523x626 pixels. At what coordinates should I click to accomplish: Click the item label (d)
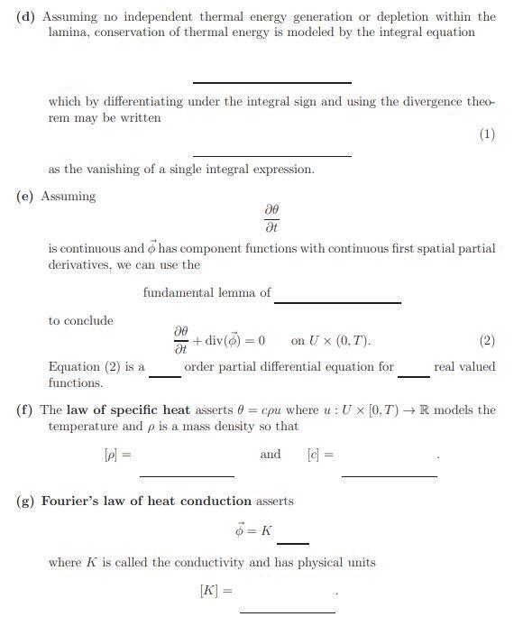(x=26, y=17)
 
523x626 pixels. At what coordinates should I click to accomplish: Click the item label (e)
(x=26, y=196)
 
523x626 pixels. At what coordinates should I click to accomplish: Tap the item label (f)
(x=25, y=410)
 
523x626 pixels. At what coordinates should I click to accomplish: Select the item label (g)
(x=26, y=501)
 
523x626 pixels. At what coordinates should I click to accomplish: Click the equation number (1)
(x=487, y=134)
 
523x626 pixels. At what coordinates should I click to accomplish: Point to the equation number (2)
(x=487, y=341)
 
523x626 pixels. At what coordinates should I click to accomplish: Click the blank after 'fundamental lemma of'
(x=338, y=301)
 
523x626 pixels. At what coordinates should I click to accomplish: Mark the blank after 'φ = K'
(x=293, y=542)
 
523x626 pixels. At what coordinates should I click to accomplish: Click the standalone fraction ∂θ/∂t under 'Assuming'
(x=271, y=218)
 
